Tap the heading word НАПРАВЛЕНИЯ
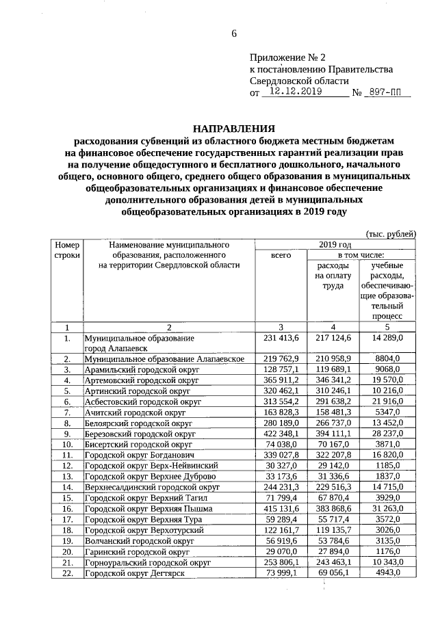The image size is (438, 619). click(x=233, y=128)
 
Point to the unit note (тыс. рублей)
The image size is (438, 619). click(x=391, y=233)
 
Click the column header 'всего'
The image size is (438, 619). click(x=281, y=254)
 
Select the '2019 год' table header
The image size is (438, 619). click(x=335, y=243)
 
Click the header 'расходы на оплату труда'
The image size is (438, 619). click(x=333, y=275)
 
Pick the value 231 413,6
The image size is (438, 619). click(x=281, y=338)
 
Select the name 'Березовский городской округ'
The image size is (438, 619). click(x=140, y=433)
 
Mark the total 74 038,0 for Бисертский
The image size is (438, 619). click(x=281, y=443)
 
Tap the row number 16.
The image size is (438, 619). click(x=67, y=509)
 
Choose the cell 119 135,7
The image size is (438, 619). click(x=333, y=529)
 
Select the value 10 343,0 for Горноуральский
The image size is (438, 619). click(x=387, y=562)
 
